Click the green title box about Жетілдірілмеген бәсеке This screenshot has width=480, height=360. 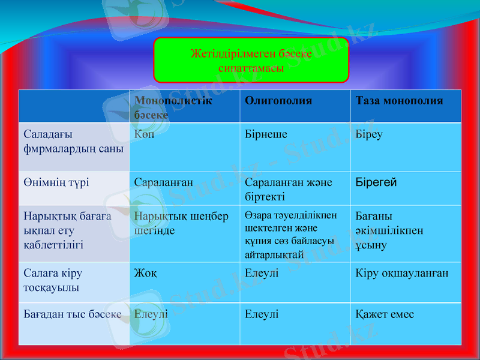[x=251, y=60]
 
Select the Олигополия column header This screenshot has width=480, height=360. [x=278, y=101]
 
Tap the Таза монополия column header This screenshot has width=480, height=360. [x=399, y=101]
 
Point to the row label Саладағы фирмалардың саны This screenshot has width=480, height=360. [x=73, y=141]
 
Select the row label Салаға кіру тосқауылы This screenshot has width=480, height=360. [x=54, y=280]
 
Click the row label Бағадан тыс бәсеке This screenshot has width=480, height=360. [x=72, y=314]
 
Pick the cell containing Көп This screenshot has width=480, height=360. [x=145, y=134]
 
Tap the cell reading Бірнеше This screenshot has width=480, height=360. [x=266, y=134]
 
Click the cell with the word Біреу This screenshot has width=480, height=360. [x=369, y=134]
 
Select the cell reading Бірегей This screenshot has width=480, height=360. [x=376, y=182]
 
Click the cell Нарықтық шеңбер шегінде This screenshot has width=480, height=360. [x=181, y=223]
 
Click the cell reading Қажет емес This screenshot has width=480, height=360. [x=385, y=314]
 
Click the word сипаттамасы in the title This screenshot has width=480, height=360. [x=251, y=68]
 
